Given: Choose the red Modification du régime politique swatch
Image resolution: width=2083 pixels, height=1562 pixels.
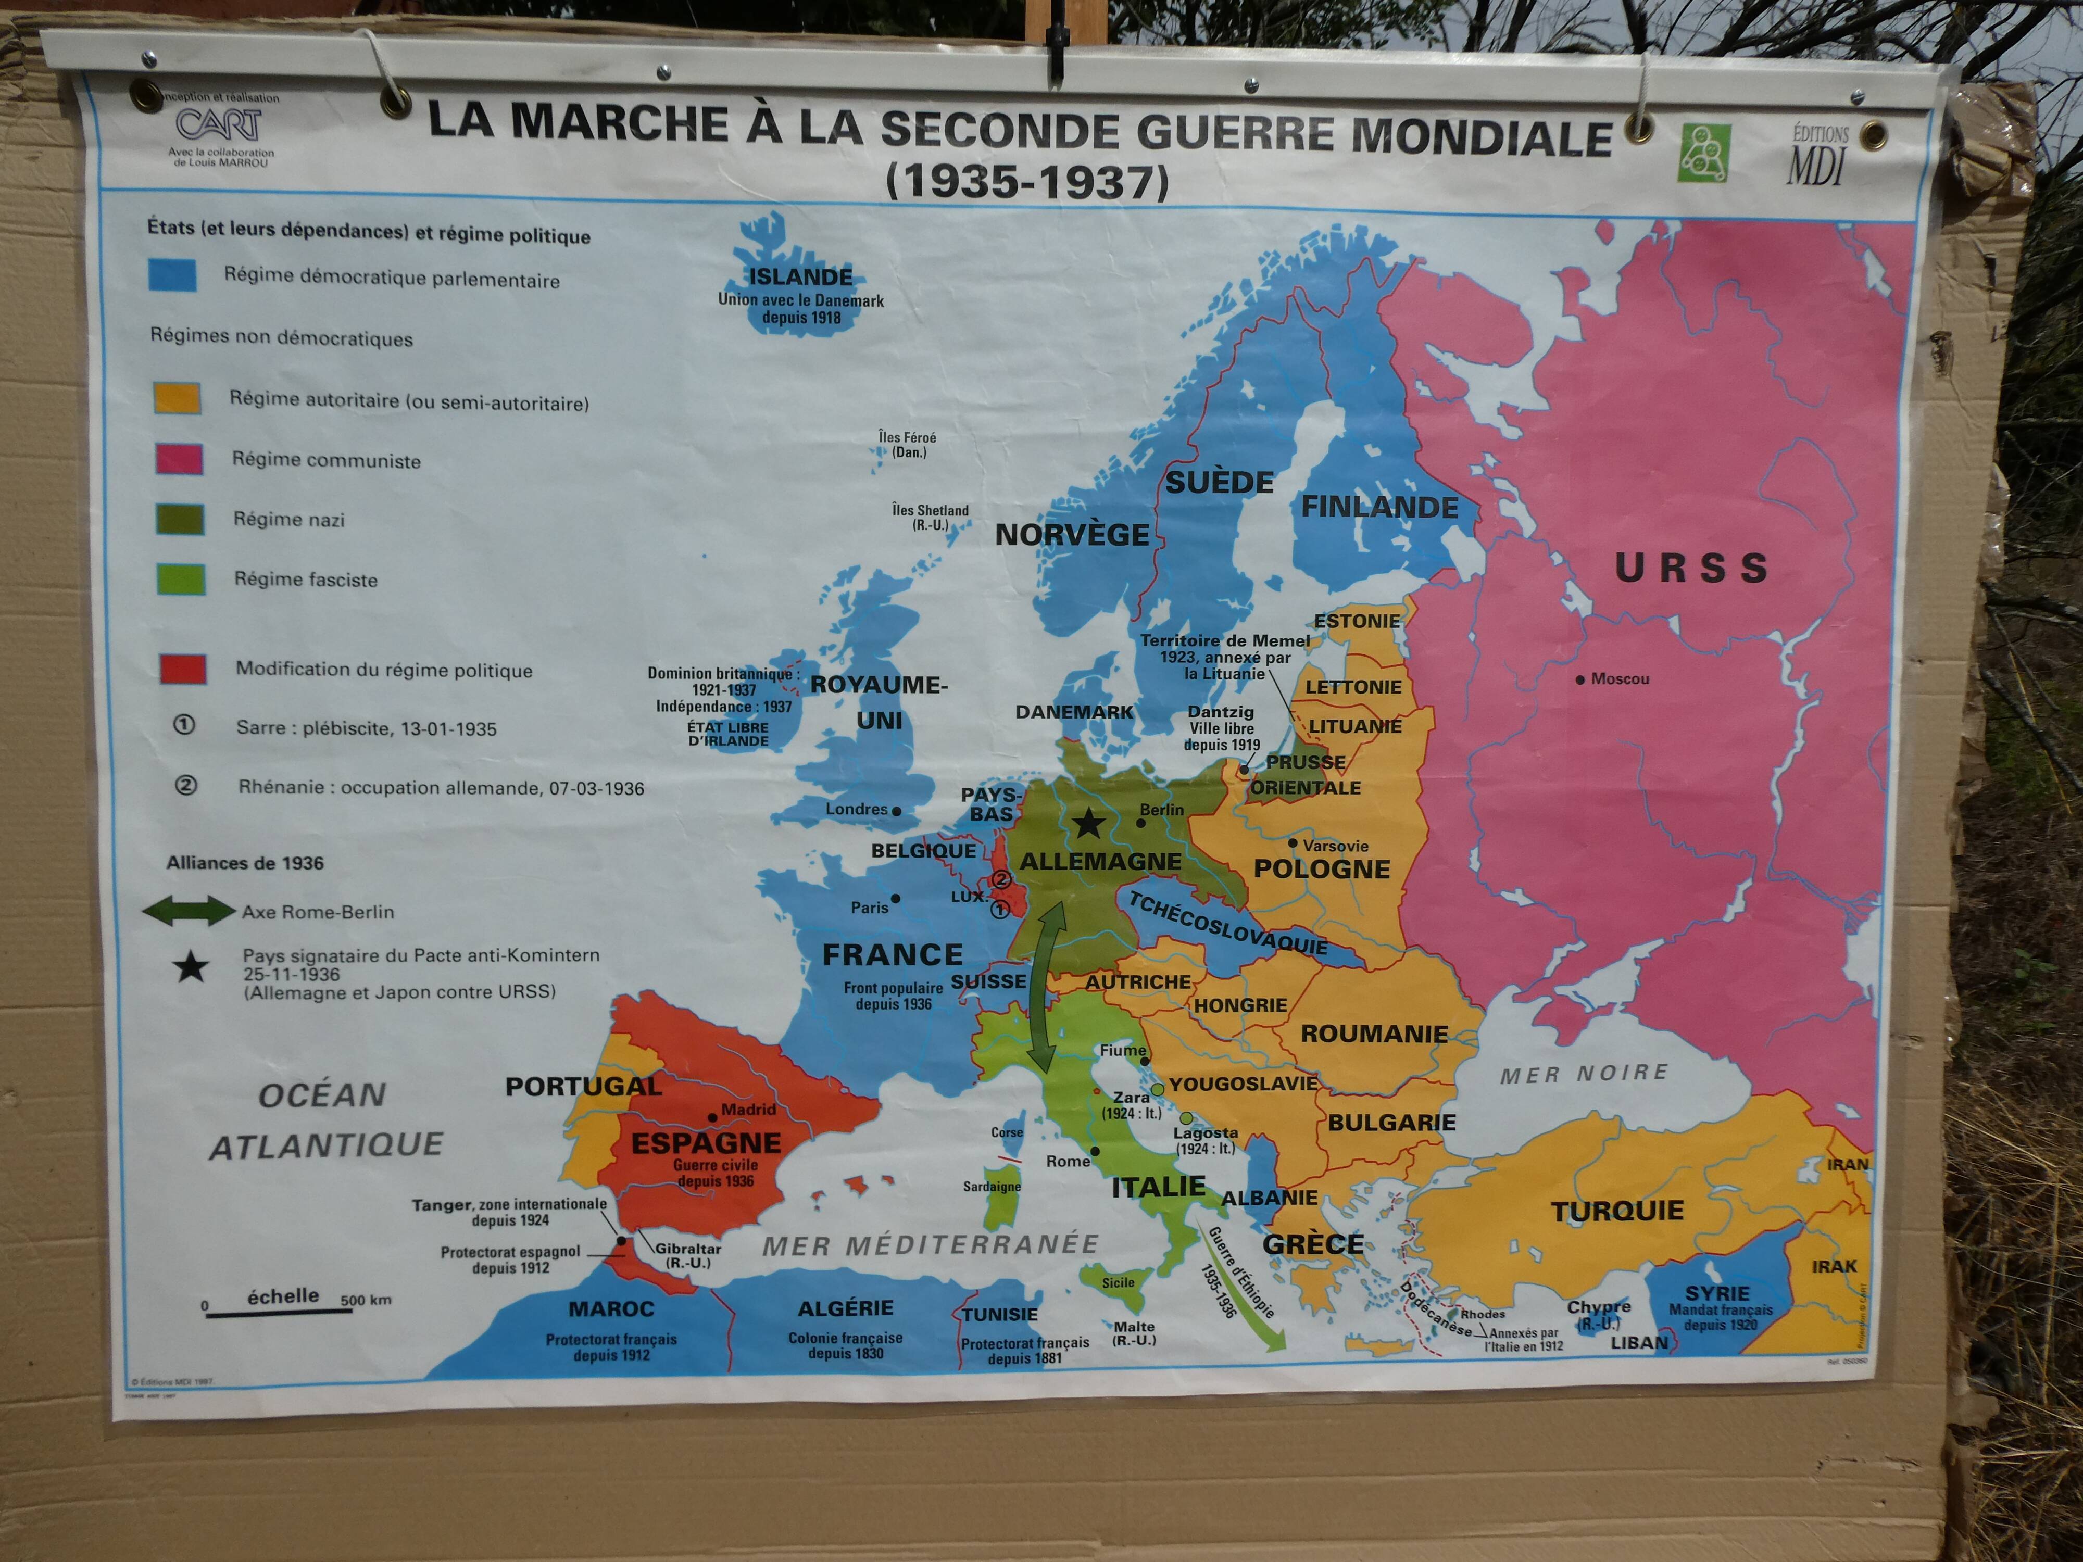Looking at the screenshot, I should pos(183,669).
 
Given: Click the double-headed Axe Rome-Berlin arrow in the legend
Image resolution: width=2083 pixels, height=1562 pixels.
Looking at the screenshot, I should pos(189,911).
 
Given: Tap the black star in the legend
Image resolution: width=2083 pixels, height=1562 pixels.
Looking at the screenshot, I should pos(191,967).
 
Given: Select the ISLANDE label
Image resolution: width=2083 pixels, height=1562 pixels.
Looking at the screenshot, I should pos(800,277).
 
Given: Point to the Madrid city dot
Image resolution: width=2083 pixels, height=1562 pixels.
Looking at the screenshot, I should pos(713,1117).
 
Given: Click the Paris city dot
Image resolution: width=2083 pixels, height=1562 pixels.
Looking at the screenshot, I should pos(896,898).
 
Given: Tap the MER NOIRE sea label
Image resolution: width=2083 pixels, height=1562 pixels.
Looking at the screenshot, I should pos(1584,1073).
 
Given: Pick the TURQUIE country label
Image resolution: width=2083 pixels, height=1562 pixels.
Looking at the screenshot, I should pos(1617,1211).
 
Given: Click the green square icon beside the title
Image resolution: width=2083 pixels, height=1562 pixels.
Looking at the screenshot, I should pos(1704,153).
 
